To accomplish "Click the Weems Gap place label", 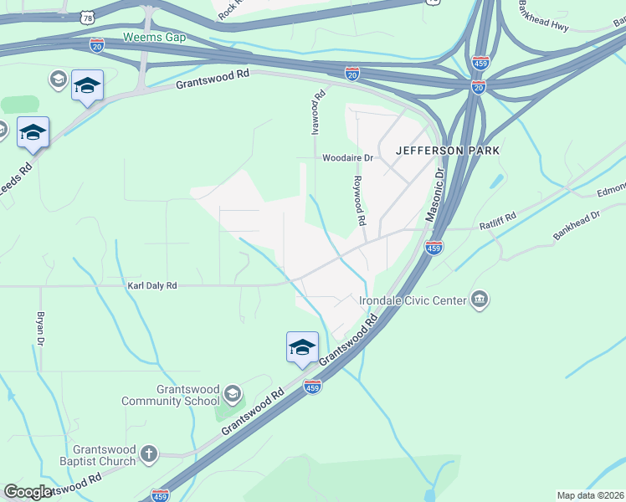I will point(154,37).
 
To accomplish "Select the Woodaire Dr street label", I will point(347,157).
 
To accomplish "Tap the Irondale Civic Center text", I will point(413,300).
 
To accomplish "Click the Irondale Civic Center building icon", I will point(480,300).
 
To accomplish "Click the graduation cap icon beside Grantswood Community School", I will point(233,393).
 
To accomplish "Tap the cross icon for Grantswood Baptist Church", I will point(149,454).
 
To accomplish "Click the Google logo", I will point(28,492).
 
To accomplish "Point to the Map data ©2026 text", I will point(590,495).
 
